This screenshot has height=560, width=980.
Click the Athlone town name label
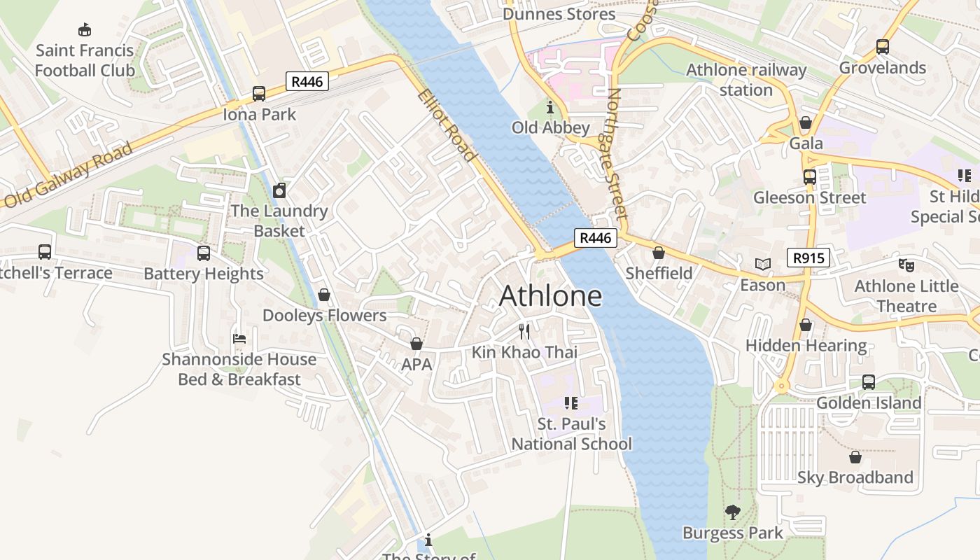pyautogui.click(x=550, y=296)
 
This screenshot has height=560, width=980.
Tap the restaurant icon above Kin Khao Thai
pyautogui.click(x=524, y=331)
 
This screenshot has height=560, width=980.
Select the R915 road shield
pyautogui.click(x=808, y=258)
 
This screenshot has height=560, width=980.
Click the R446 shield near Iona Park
pyautogui.click(x=307, y=82)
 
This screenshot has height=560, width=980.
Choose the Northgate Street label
pyautogui.click(x=615, y=153)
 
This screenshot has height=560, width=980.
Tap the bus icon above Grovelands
pyautogui.click(x=882, y=47)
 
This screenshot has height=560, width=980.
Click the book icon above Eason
pyautogui.click(x=762, y=265)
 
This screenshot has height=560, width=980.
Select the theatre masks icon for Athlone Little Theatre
pyautogui.click(x=906, y=265)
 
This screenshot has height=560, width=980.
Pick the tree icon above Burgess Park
pyautogui.click(x=732, y=512)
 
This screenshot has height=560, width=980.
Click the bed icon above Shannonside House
pyautogui.click(x=239, y=339)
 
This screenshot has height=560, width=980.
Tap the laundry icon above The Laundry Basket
pyautogui.click(x=279, y=190)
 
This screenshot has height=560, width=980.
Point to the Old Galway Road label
pyautogui.click(x=68, y=175)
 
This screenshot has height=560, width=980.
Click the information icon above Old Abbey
pyautogui.click(x=550, y=107)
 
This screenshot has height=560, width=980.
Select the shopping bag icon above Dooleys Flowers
pyautogui.click(x=323, y=295)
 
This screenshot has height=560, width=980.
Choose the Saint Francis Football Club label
pyautogui.click(x=85, y=60)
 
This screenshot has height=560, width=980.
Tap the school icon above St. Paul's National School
pyautogui.click(x=570, y=403)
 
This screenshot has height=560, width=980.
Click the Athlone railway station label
pyautogui.click(x=746, y=80)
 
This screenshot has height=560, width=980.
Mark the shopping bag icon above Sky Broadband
pyautogui.click(x=855, y=457)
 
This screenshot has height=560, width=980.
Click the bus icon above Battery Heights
pyautogui.click(x=204, y=253)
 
